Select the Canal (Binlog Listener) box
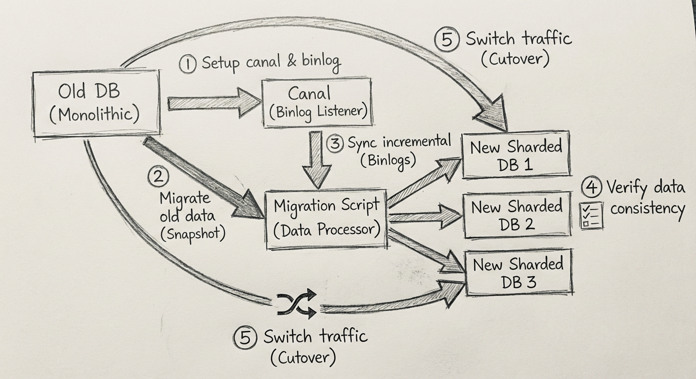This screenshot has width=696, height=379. [317, 102]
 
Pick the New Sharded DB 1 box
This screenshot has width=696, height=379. [516, 155]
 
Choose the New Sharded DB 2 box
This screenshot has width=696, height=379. [516, 215]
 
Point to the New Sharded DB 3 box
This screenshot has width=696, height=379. [518, 272]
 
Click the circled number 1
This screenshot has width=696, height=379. [188, 64]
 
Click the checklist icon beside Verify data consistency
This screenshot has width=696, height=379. [591, 216]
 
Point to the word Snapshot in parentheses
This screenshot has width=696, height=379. [193, 233]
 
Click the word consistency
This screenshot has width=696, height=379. [647, 208]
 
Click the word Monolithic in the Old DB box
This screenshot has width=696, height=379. [95, 114]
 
